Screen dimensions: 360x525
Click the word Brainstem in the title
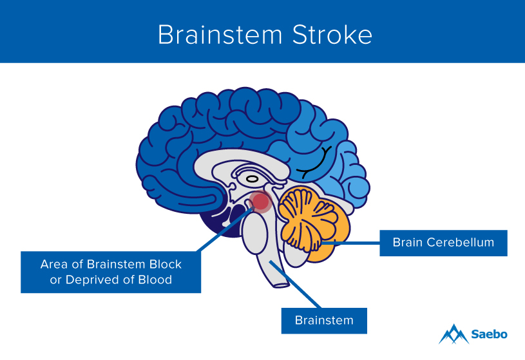[x=212, y=35]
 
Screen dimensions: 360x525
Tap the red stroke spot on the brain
[x=260, y=202]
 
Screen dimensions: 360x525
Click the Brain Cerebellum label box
[x=443, y=243]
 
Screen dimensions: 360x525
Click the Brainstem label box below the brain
[x=324, y=320]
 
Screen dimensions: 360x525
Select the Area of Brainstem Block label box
[x=111, y=272]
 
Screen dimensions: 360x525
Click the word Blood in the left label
[x=155, y=280]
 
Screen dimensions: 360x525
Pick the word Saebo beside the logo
[x=490, y=334]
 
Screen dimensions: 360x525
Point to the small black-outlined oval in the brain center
[x=253, y=178]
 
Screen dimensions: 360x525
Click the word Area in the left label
[x=53, y=264]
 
